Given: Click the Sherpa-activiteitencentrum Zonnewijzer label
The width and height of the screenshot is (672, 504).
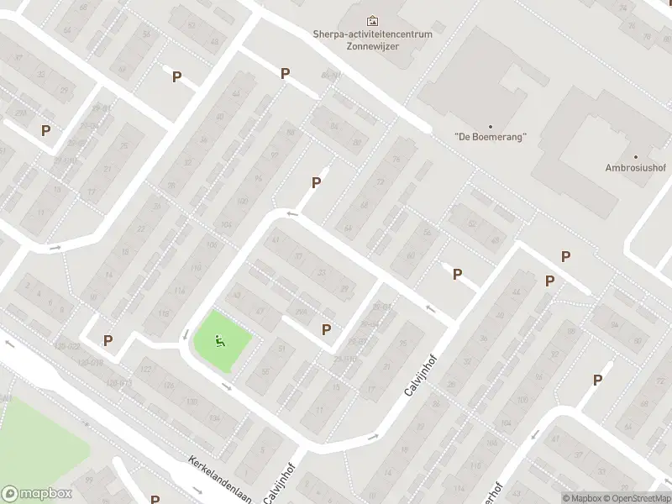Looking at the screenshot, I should coord(372,40).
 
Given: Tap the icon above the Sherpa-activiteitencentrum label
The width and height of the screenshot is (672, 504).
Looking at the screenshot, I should coord(372,20).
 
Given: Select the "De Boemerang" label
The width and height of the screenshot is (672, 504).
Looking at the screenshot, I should coord(490,136).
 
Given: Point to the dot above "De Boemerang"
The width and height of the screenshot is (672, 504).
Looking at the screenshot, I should coord(490,127).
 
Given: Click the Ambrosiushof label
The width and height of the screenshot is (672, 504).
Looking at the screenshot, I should coord(635,167).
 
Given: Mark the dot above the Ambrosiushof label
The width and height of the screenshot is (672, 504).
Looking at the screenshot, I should coord(636,157).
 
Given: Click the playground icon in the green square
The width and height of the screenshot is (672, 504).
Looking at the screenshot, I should coord(220,340).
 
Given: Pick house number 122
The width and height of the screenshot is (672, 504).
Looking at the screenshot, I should coord(146,370).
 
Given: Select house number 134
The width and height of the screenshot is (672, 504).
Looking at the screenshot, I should coord(192,402).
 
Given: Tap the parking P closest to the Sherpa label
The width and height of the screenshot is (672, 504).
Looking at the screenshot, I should coord(285,74).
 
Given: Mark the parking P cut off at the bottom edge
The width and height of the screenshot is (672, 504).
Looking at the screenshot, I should coord(155,499).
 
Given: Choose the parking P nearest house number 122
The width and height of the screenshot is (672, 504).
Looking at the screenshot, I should coord(108,340).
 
